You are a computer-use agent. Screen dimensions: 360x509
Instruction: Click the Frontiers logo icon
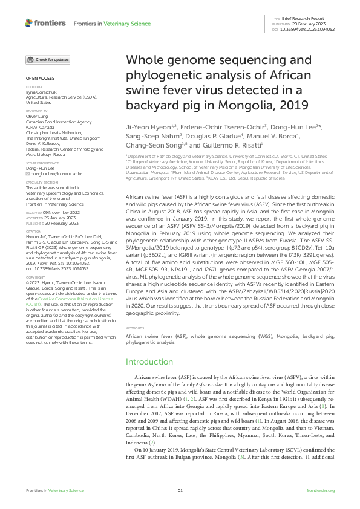[x=29, y=23]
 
